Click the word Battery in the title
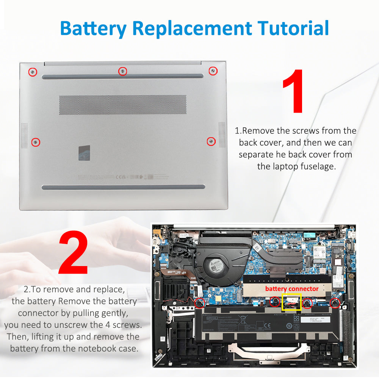(x=93, y=28)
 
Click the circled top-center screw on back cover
(x=122, y=71)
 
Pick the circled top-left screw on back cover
(x=33, y=72)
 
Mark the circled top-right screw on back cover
(x=213, y=70)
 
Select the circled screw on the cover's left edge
(x=36, y=142)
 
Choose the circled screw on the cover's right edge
(x=211, y=141)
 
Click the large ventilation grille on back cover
(x=122, y=105)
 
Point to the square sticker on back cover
(x=85, y=152)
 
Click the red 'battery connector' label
(x=292, y=289)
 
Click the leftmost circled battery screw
(x=199, y=303)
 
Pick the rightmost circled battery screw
(x=334, y=302)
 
